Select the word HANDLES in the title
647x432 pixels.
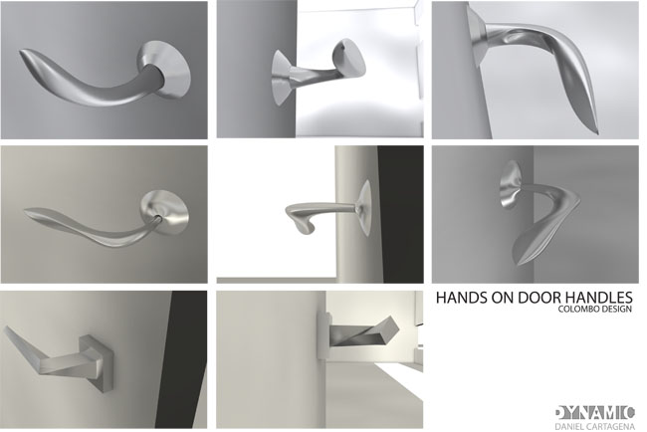point(599,298)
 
